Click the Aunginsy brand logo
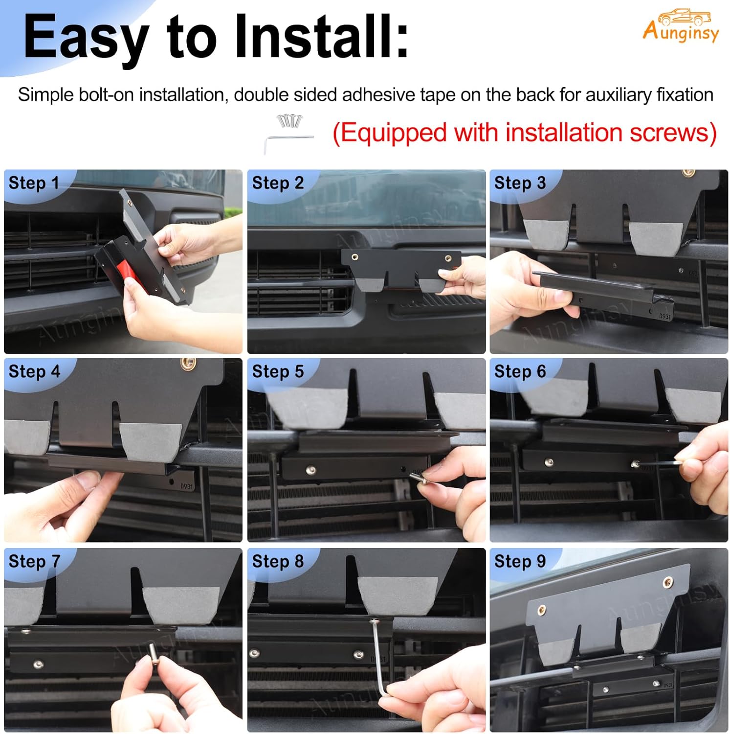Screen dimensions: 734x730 click(680, 26)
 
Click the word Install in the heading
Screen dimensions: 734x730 click(321, 37)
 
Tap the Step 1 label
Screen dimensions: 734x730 click(34, 183)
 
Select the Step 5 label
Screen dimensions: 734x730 click(278, 371)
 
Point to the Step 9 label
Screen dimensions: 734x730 click(520, 561)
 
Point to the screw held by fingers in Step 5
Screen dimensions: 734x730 click(417, 476)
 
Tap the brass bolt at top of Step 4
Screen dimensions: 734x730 click(188, 364)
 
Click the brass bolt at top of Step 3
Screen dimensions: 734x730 click(688, 173)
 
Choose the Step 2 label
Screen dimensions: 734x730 click(278, 183)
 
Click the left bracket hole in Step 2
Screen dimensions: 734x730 click(354, 256)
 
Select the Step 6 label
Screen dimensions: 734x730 click(520, 371)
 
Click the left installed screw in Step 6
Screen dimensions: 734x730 click(549, 462)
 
